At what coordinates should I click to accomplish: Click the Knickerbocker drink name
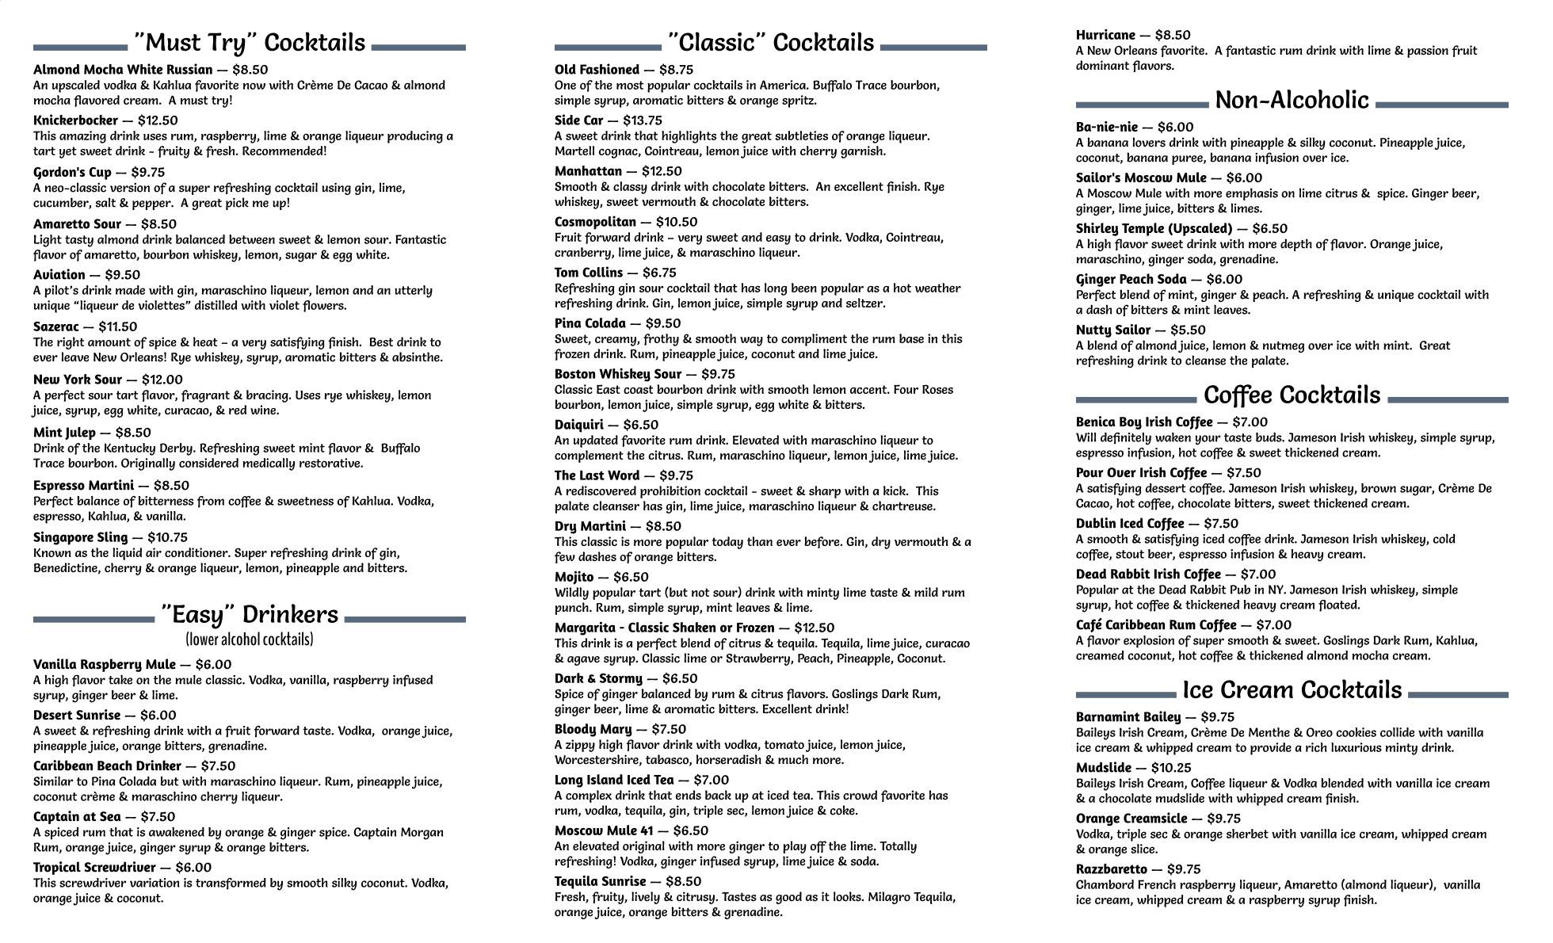75,120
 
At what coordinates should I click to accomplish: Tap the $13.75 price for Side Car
642,120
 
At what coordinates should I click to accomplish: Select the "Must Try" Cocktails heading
250,43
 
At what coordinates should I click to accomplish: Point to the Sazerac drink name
56,326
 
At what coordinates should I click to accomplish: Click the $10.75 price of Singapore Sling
167,537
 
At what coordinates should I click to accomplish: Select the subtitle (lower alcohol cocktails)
250,639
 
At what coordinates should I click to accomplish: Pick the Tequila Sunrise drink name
600,881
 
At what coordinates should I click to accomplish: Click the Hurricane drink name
1105,35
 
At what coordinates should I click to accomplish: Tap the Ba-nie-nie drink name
1106,127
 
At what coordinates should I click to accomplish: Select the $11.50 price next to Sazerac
118,326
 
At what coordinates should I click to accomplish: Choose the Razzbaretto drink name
1111,869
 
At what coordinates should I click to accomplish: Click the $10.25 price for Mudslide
1173,768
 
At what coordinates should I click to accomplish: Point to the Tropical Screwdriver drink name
94,868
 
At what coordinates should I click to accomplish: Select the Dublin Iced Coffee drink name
1130,524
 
